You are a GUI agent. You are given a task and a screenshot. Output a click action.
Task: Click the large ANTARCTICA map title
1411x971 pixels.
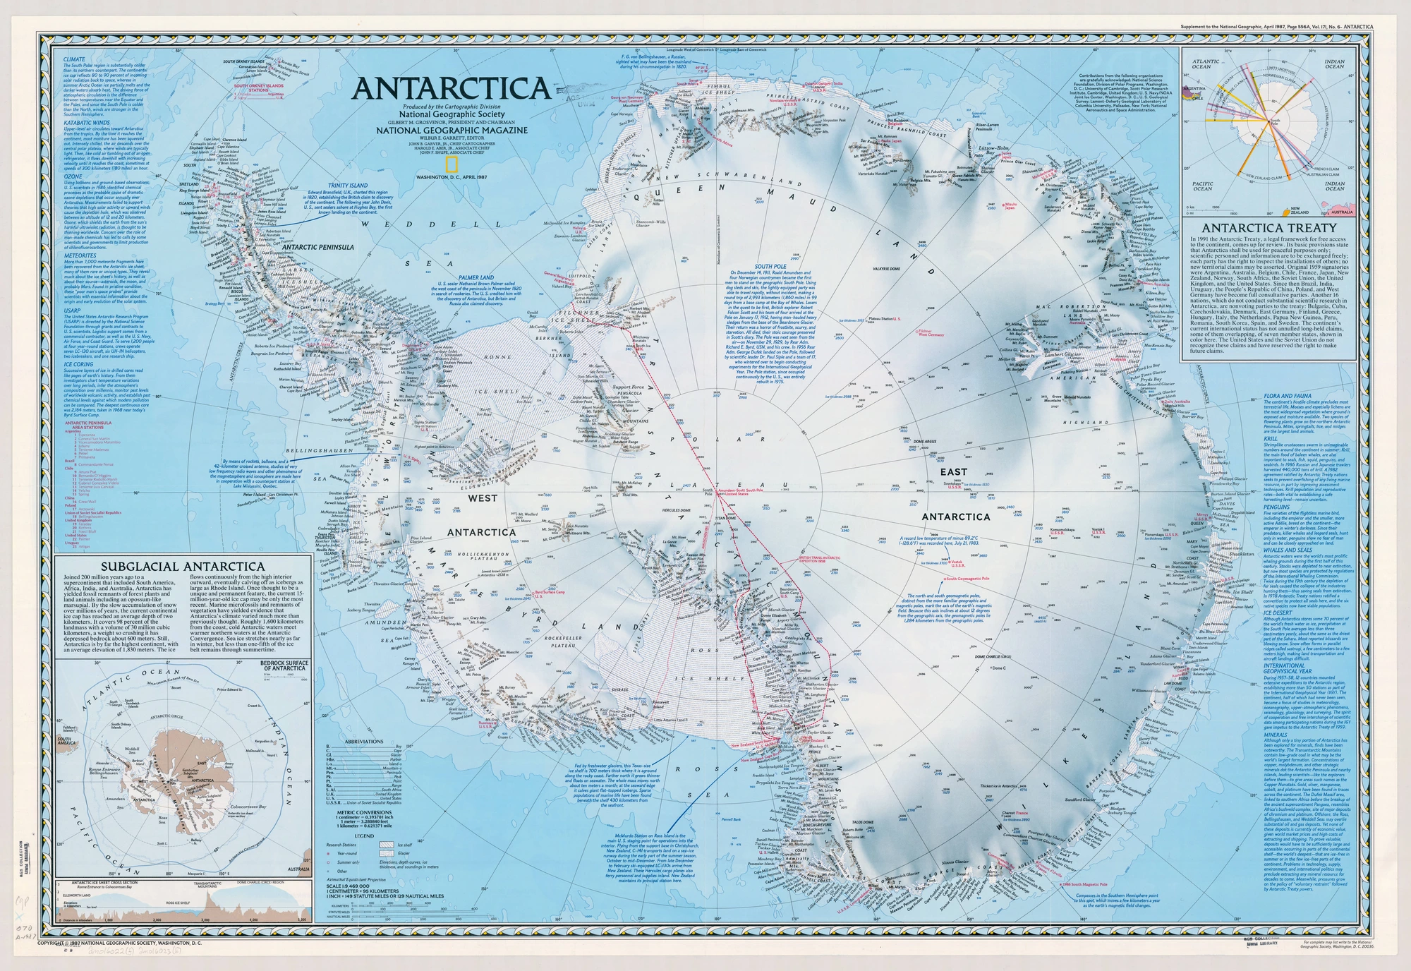pos(451,89)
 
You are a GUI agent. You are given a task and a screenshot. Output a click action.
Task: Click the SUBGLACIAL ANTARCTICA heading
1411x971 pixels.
pos(182,566)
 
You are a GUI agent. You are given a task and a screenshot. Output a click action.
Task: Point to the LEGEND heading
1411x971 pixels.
pos(365,836)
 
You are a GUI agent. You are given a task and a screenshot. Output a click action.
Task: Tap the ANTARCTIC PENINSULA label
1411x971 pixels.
pos(318,248)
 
